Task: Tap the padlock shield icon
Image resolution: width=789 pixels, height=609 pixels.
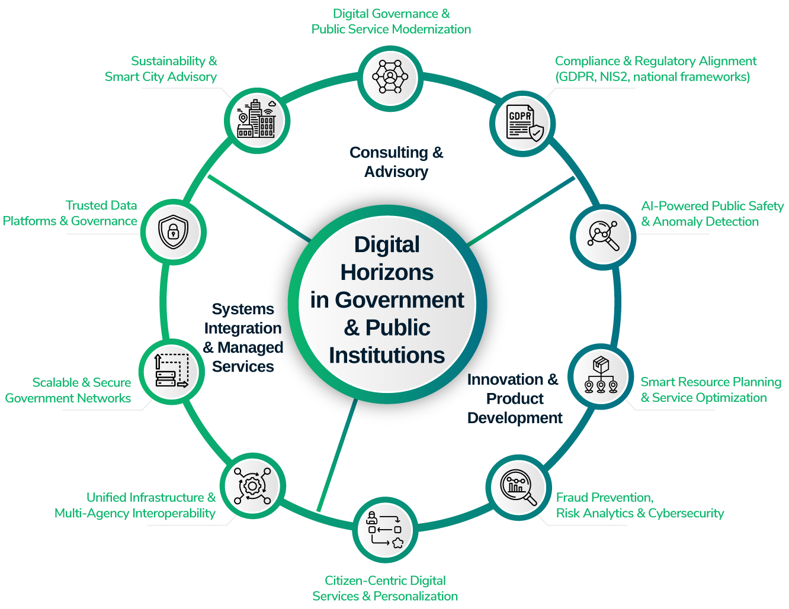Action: (174, 231)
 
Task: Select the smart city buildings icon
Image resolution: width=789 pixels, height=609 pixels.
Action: (256, 120)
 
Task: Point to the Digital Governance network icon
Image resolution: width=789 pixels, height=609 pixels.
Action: (390, 76)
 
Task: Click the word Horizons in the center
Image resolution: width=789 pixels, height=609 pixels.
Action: (387, 273)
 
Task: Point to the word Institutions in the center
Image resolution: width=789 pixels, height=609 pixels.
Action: (387, 356)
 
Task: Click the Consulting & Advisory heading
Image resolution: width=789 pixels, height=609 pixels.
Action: (396, 162)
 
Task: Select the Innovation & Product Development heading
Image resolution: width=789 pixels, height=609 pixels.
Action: (514, 398)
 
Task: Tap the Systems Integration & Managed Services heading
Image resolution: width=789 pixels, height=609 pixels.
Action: (243, 338)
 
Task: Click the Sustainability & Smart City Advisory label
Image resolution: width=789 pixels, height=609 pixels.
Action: (161, 69)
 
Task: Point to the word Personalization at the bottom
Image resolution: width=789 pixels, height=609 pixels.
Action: (416, 596)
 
